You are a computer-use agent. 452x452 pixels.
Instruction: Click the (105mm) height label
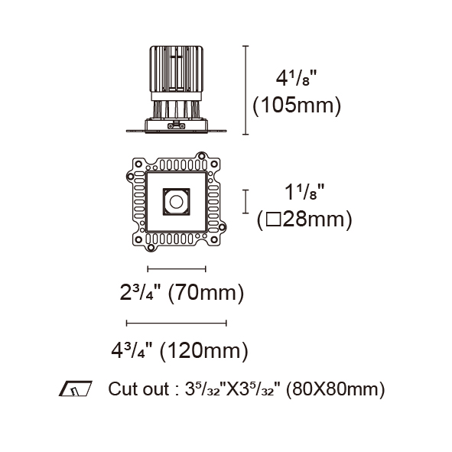pyautogui.click(x=297, y=106)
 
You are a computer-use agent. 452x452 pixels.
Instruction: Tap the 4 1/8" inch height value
pyautogui.click(x=296, y=78)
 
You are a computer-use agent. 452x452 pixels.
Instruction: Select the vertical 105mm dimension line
pyautogui.click(x=246, y=90)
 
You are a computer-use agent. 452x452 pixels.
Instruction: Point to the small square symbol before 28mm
pyautogui.click(x=273, y=219)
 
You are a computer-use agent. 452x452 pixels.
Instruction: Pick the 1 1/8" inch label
pyautogui.click(x=304, y=192)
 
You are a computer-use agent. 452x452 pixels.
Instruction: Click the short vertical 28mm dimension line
pyautogui.click(x=246, y=201)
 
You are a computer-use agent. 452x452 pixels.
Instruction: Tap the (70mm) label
pyautogui.click(x=206, y=293)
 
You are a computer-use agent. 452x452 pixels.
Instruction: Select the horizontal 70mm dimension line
pyautogui.click(x=177, y=269)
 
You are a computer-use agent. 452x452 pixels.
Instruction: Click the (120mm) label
pyautogui.click(x=203, y=351)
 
